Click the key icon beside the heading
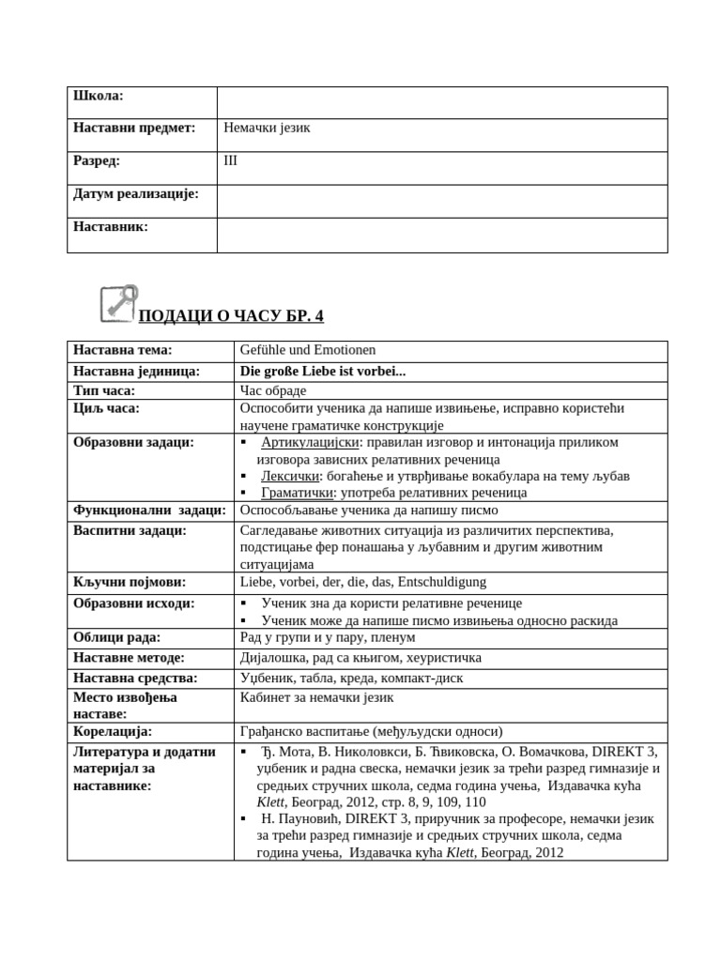click(x=118, y=304)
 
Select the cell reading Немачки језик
click(x=267, y=129)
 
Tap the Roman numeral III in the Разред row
click(x=231, y=160)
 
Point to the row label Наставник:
click(x=111, y=226)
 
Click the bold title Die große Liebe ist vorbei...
click(x=323, y=371)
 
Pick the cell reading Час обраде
click(x=279, y=389)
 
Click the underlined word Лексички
click(x=289, y=476)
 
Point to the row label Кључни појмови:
click(x=130, y=582)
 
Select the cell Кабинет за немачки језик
click(x=317, y=697)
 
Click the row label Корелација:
click(x=113, y=731)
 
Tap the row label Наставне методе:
click(x=129, y=658)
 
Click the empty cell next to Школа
click(x=441, y=102)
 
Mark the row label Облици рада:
click(x=117, y=638)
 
